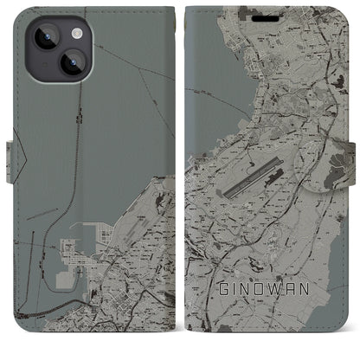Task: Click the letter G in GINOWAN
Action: pyautogui.click(x=222, y=309)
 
